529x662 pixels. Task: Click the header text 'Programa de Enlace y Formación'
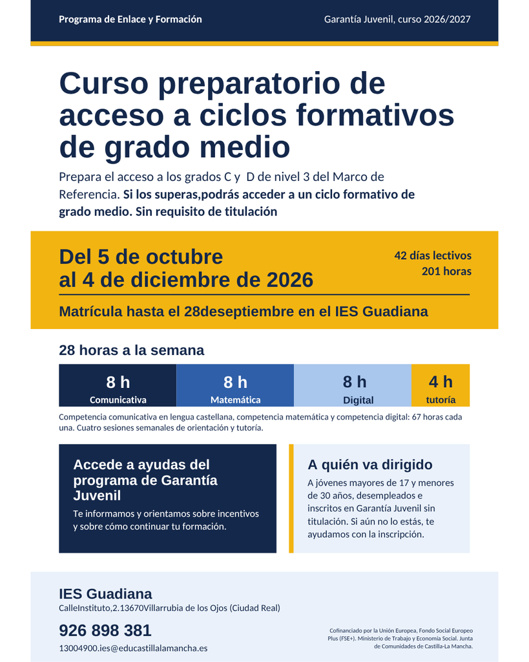coord(130,19)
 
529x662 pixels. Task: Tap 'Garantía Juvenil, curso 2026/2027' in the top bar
coord(397,19)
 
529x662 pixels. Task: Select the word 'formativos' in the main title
coord(375,115)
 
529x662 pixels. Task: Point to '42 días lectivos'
coord(433,255)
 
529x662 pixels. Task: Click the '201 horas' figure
coord(446,271)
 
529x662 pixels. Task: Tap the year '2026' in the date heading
coord(290,280)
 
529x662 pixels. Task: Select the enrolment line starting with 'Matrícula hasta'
coord(244,312)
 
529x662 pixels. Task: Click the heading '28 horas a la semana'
coord(132,350)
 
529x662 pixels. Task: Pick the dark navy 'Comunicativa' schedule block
coord(118,385)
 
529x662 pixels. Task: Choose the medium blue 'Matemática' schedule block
coord(235,385)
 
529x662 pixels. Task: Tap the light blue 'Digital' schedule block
coord(353,385)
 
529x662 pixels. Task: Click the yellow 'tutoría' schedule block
coord(441,385)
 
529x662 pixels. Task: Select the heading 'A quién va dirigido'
coord(370,464)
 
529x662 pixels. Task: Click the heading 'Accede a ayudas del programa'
coord(145,480)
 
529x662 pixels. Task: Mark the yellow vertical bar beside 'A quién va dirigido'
coord(291,498)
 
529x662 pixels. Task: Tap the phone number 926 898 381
coord(105,630)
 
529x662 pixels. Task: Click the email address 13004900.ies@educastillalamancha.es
coord(133,648)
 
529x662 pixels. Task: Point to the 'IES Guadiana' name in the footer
coord(105,593)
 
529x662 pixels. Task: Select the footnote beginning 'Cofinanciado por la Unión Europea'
coord(400,638)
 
